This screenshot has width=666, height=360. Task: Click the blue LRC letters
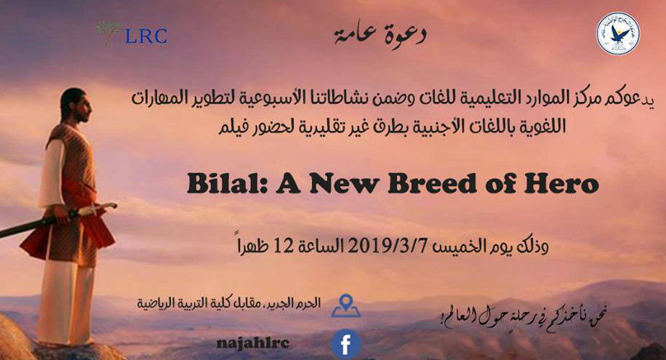tap(146, 36)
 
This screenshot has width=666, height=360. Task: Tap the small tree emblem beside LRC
tap(108, 32)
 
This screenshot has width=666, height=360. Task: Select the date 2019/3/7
tap(387, 246)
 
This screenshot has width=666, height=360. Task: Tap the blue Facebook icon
tap(346, 344)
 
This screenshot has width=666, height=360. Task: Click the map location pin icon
tap(346, 305)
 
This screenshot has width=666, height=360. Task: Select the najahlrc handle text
tap(253, 343)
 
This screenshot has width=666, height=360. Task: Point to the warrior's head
tap(76, 105)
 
